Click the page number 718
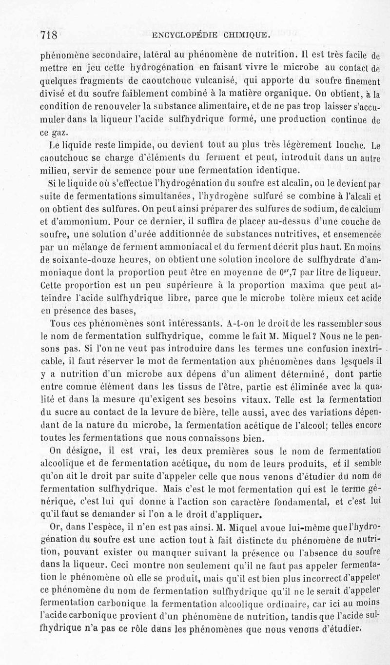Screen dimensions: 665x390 coord(49,35)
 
